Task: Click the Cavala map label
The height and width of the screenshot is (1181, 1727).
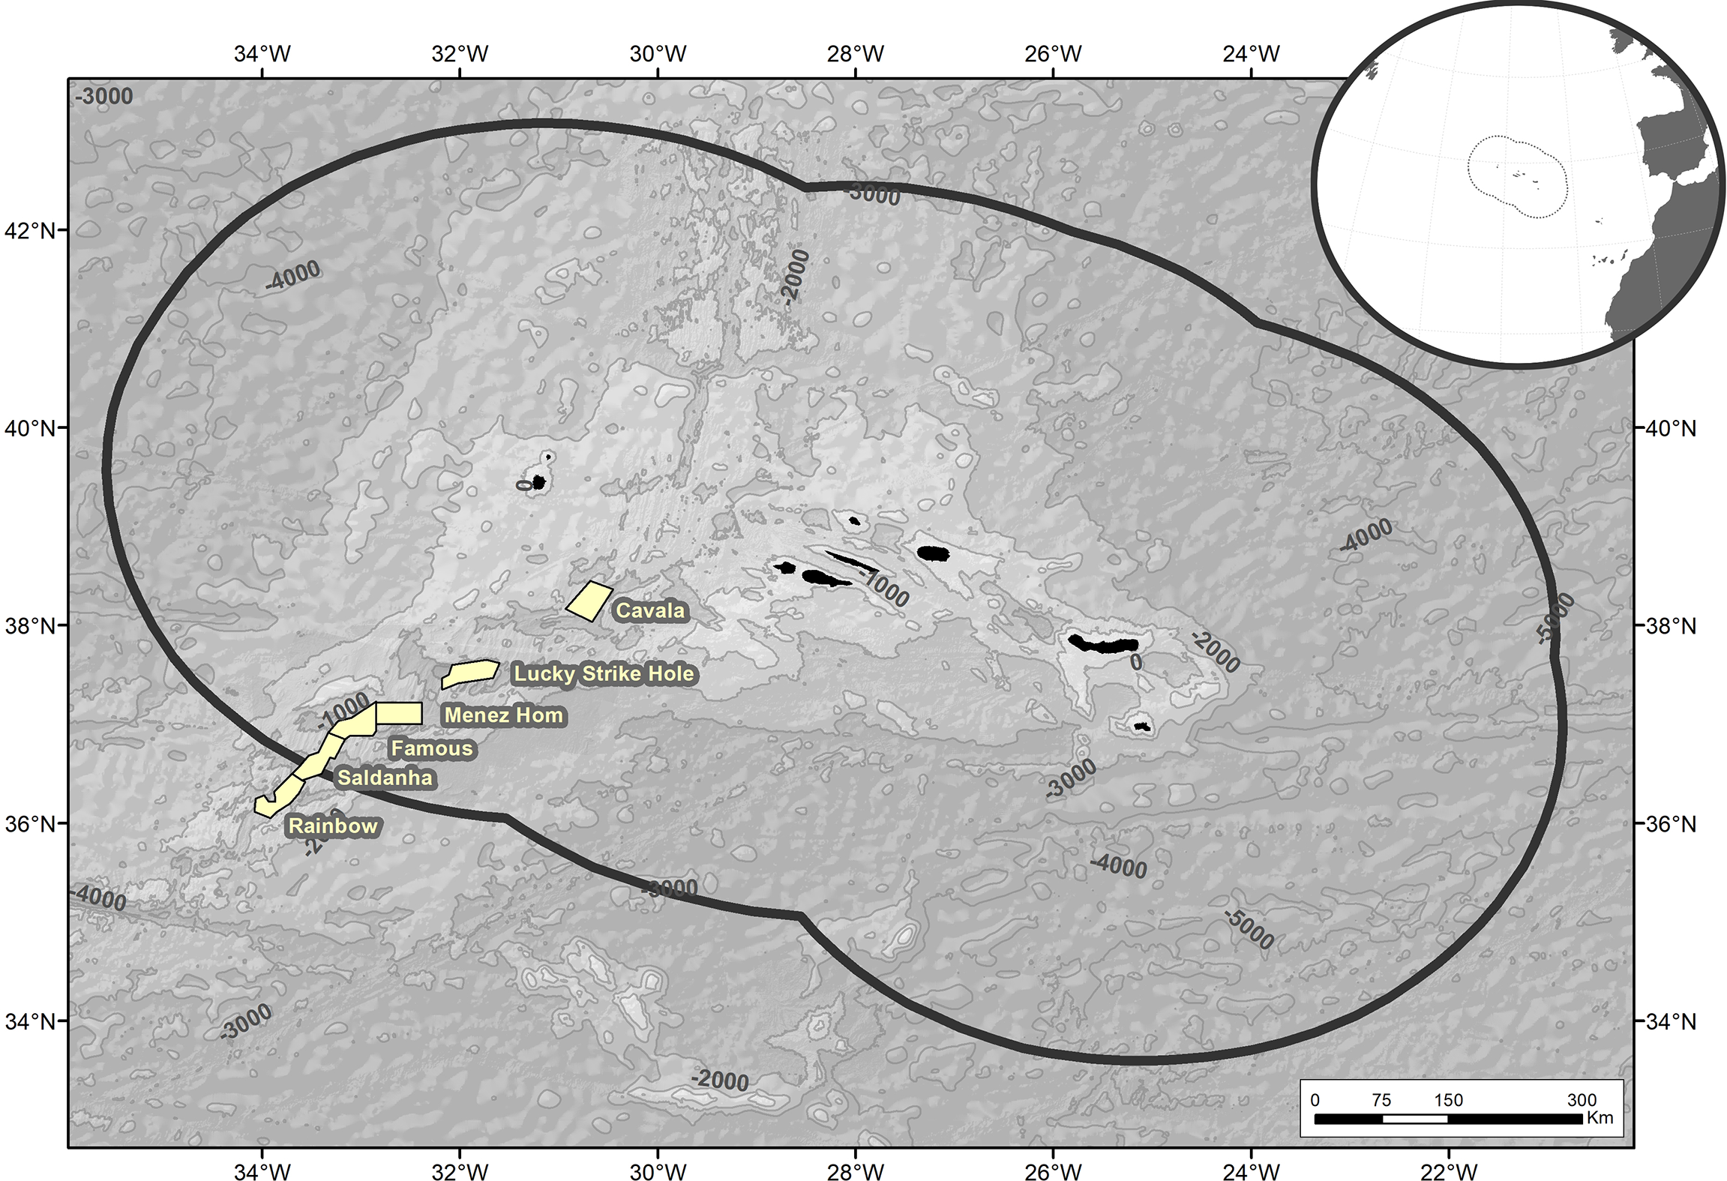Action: pos(650,610)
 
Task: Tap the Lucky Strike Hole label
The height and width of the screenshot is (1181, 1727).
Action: pos(604,673)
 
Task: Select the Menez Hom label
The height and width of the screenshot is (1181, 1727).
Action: pos(503,715)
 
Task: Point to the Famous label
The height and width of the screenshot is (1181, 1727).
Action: pos(432,748)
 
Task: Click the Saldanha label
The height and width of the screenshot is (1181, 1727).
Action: pos(385,778)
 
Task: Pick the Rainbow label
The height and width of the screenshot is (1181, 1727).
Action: pos(333,826)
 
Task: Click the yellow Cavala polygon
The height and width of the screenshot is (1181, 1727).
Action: pos(589,601)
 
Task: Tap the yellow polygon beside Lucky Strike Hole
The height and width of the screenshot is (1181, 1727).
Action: pos(471,673)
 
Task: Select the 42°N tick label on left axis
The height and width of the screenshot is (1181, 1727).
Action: pos(31,230)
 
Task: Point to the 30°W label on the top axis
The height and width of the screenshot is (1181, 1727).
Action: pos(658,54)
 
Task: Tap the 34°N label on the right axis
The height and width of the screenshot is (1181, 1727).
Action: pos(1670,1021)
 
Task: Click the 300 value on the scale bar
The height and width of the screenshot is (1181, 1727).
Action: pos(1582,1100)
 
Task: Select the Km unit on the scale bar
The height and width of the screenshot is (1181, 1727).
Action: pos(1600,1118)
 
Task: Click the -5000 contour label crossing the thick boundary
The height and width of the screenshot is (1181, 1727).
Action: pos(1555,619)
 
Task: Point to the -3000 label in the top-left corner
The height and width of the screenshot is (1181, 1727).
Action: pos(104,97)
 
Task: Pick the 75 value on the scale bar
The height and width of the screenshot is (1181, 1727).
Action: pos(1381,1100)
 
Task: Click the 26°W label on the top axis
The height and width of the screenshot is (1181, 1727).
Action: pos(1053,54)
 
